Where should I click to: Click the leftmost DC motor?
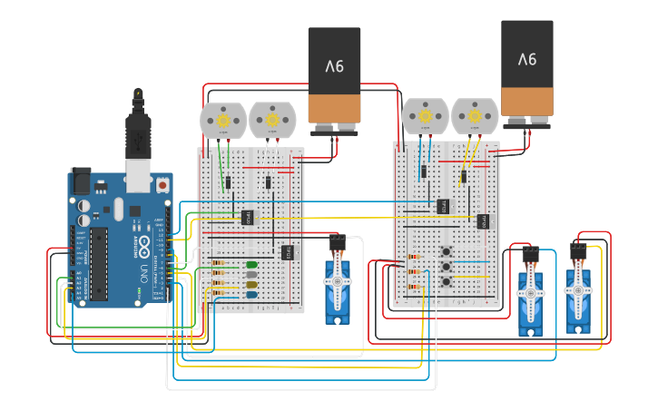(x=222, y=120)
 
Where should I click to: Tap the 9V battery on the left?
(x=334, y=77)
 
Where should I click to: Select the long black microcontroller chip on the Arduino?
(x=99, y=263)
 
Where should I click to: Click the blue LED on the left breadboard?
(x=251, y=294)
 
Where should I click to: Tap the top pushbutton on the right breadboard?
(x=447, y=251)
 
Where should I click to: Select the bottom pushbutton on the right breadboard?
(x=447, y=282)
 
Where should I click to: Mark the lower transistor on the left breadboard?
(x=288, y=251)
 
